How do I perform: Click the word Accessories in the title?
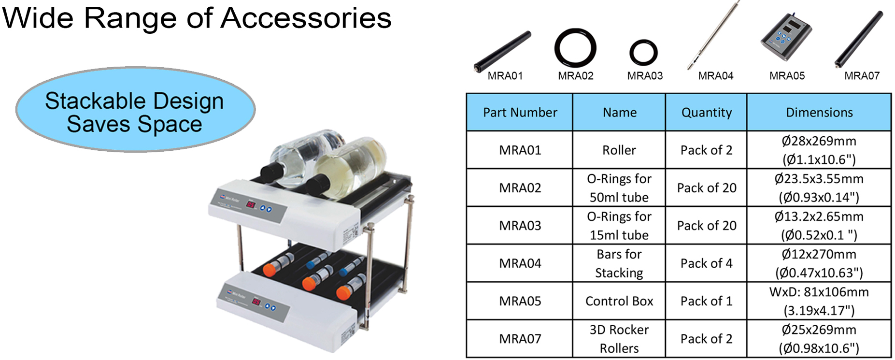click(x=306, y=18)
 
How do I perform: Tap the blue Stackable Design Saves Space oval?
click(x=135, y=111)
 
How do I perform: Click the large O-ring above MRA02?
click(x=575, y=48)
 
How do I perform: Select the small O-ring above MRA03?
click(x=643, y=52)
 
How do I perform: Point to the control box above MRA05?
click(x=785, y=38)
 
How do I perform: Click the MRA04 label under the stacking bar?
click(x=715, y=76)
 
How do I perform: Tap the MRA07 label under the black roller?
click(x=862, y=76)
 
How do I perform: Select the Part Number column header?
click(x=520, y=113)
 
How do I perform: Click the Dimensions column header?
click(x=819, y=113)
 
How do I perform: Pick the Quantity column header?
click(x=706, y=113)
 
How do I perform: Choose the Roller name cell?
click(x=619, y=150)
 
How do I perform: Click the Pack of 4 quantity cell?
click(x=706, y=263)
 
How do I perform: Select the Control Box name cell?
click(x=619, y=301)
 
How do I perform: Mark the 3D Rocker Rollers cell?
click(x=619, y=339)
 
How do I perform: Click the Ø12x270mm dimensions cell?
click(x=819, y=263)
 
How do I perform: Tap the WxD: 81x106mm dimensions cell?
click(x=819, y=301)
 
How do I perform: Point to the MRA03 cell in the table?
click(x=520, y=226)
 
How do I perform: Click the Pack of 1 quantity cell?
click(x=706, y=301)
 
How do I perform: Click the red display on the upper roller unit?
click(x=251, y=204)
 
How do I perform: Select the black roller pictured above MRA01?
click(x=502, y=51)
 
